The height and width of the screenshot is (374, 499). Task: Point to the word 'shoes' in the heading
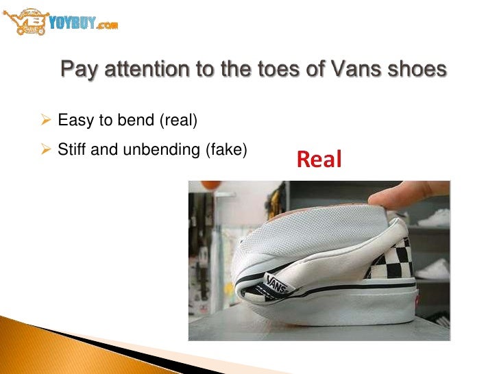click(x=422, y=71)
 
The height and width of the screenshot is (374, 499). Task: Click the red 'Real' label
click(x=319, y=160)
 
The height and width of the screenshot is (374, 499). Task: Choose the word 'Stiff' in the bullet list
click(x=73, y=147)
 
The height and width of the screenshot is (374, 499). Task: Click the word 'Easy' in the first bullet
click(x=75, y=122)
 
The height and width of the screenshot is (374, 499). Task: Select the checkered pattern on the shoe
click(x=396, y=260)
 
